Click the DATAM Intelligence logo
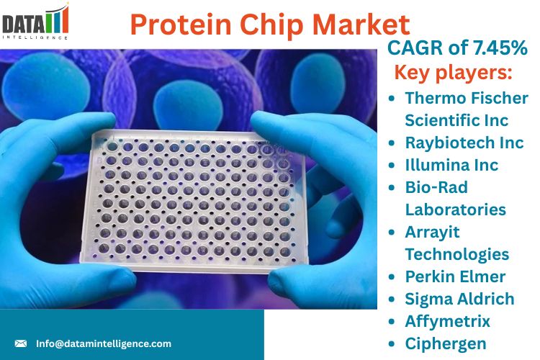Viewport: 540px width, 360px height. click(x=35, y=22)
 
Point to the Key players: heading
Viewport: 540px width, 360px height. click(x=453, y=73)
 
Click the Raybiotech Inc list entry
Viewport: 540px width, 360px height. click(x=464, y=143)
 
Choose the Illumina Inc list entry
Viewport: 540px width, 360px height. click(x=451, y=165)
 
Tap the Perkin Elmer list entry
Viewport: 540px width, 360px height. click(x=455, y=276)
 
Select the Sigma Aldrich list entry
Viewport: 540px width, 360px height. click(x=459, y=299)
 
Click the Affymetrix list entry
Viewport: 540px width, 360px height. click(x=447, y=321)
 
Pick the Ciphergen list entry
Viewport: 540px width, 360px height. click(x=446, y=344)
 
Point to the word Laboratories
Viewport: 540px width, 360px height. click(x=455, y=210)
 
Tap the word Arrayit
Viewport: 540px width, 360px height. click(x=432, y=232)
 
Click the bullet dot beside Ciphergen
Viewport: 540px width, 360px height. click(x=391, y=344)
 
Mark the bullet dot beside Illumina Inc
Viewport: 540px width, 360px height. click(x=391, y=166)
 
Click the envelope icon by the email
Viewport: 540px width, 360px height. click(x=21, y=343)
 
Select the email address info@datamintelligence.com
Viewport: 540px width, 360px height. click(x=104, y=343)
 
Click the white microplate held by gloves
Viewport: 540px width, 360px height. click(x=194, y=201)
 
